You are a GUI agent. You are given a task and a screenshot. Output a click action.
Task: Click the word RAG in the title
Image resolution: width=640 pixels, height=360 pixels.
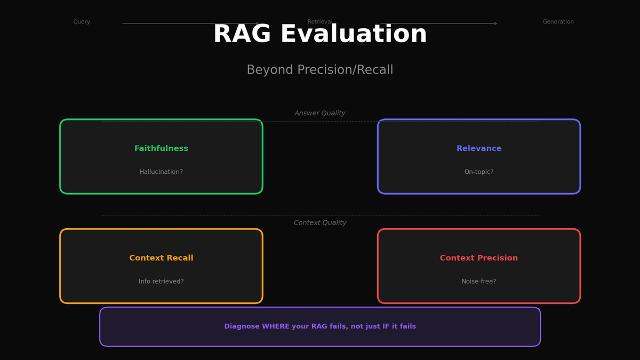coord(242,35)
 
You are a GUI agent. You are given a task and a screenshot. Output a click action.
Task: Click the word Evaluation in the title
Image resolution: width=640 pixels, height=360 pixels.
coord(354,35)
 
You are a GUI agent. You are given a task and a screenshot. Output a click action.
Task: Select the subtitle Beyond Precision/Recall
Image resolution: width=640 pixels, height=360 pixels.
coord(320,70)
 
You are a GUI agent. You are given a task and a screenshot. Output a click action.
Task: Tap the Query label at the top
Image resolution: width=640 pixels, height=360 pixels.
coord(82,22)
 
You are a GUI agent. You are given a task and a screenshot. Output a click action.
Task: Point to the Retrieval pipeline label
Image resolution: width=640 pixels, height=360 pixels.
coord(320,21)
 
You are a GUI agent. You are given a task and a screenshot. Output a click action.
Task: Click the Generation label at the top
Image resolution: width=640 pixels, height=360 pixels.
coord(558,22)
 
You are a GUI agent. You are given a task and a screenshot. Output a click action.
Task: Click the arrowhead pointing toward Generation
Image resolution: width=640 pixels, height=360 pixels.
coord(495,23)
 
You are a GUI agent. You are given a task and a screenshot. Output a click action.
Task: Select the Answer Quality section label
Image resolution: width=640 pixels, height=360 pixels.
coord(320,113)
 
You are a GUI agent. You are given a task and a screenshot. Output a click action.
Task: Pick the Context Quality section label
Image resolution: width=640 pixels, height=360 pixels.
coord(320,223)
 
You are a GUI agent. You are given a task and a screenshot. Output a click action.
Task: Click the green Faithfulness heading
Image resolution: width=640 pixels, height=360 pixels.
coord(161,149)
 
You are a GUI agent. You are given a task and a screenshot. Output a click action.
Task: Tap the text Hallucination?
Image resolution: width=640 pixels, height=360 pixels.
coord(161,172)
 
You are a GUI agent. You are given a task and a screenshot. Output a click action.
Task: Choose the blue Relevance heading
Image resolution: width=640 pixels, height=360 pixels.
coord(479,149)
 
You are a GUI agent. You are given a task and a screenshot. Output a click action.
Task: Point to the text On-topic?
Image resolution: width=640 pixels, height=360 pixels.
coord(479,172)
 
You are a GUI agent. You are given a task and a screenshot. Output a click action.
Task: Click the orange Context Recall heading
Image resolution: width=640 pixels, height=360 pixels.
coord(161,258)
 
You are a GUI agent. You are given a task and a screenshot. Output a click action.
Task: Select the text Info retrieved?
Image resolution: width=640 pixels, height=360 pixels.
coord(161,282)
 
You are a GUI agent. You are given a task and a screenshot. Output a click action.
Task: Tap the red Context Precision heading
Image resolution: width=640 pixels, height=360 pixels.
coord(479,258)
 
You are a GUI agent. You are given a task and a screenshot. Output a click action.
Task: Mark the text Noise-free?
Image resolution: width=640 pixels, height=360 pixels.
coord(479,282)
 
